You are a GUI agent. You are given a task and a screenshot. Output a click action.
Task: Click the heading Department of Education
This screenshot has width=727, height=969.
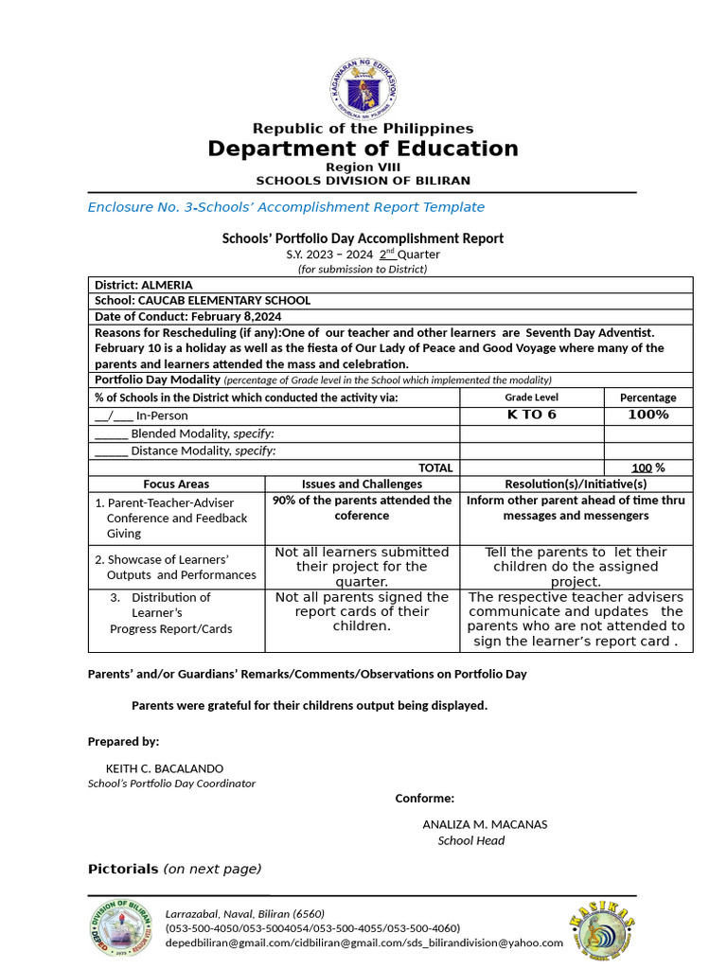(x=363, y=149)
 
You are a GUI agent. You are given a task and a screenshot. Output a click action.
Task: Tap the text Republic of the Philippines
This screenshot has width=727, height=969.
(x=363, y=128)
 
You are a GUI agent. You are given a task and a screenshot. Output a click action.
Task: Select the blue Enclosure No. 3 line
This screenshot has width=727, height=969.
(x=286, y=207)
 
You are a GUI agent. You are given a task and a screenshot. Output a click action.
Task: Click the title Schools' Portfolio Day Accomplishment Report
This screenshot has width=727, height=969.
(x=363, y=238)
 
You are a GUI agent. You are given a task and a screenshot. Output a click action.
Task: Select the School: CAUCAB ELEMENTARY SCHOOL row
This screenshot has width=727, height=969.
(x=203, y=300)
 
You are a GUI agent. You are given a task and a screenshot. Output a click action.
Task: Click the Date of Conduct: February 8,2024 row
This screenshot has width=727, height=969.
(x=188, y=316)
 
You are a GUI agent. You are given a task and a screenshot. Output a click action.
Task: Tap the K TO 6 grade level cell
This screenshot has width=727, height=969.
(x=531, y=414)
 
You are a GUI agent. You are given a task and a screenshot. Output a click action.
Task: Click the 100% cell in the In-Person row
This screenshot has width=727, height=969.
(x=647, y=414)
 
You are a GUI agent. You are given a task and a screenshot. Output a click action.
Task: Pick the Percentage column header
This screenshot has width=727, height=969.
(x=647, y=397)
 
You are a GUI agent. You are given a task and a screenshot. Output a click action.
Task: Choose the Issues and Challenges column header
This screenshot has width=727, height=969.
(x=362, y=484)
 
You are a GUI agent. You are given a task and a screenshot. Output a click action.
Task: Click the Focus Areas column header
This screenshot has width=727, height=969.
(x=176, y=484)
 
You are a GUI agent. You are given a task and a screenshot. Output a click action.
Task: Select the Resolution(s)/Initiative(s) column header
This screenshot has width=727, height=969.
(x=576, y=484)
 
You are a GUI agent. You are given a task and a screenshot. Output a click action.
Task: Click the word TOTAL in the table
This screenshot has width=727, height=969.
(x=435, y=467)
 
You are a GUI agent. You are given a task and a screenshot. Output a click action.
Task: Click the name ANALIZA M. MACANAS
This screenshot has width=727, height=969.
(x=485, y=824)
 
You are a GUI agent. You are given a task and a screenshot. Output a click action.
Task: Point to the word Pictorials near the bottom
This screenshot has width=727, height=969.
(x=123, y=869)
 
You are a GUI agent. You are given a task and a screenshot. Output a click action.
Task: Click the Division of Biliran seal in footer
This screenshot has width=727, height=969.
(x=121, y=928)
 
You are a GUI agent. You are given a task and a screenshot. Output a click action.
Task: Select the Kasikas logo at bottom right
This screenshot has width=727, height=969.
(x=601, y=928)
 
